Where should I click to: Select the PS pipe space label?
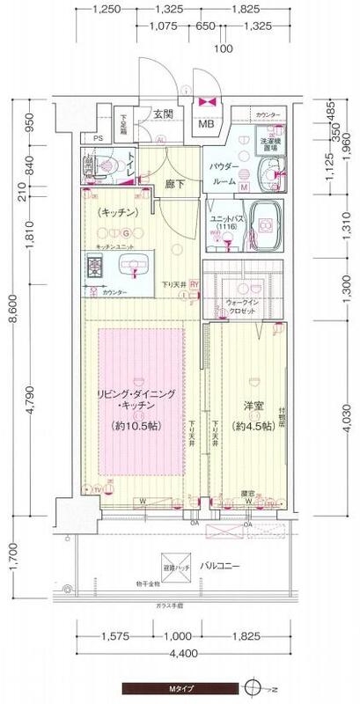[98, 138]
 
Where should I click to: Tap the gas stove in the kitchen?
[96, 267]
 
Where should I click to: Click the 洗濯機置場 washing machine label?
[270, 147]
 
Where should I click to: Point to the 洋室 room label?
[254, 407]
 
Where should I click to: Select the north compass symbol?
[253, 688]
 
